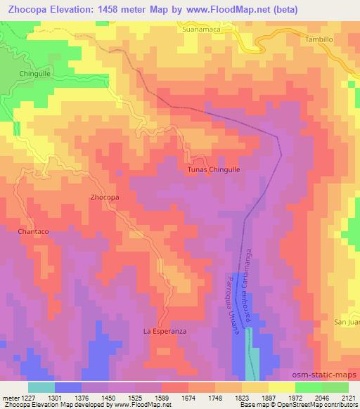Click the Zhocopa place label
click(x=105, y=197)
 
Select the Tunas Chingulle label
click(x=214, y=169)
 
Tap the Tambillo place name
click(x=319, y=39)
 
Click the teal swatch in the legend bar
click(x=41, y=387)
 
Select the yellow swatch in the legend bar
click(x=282, y=387)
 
